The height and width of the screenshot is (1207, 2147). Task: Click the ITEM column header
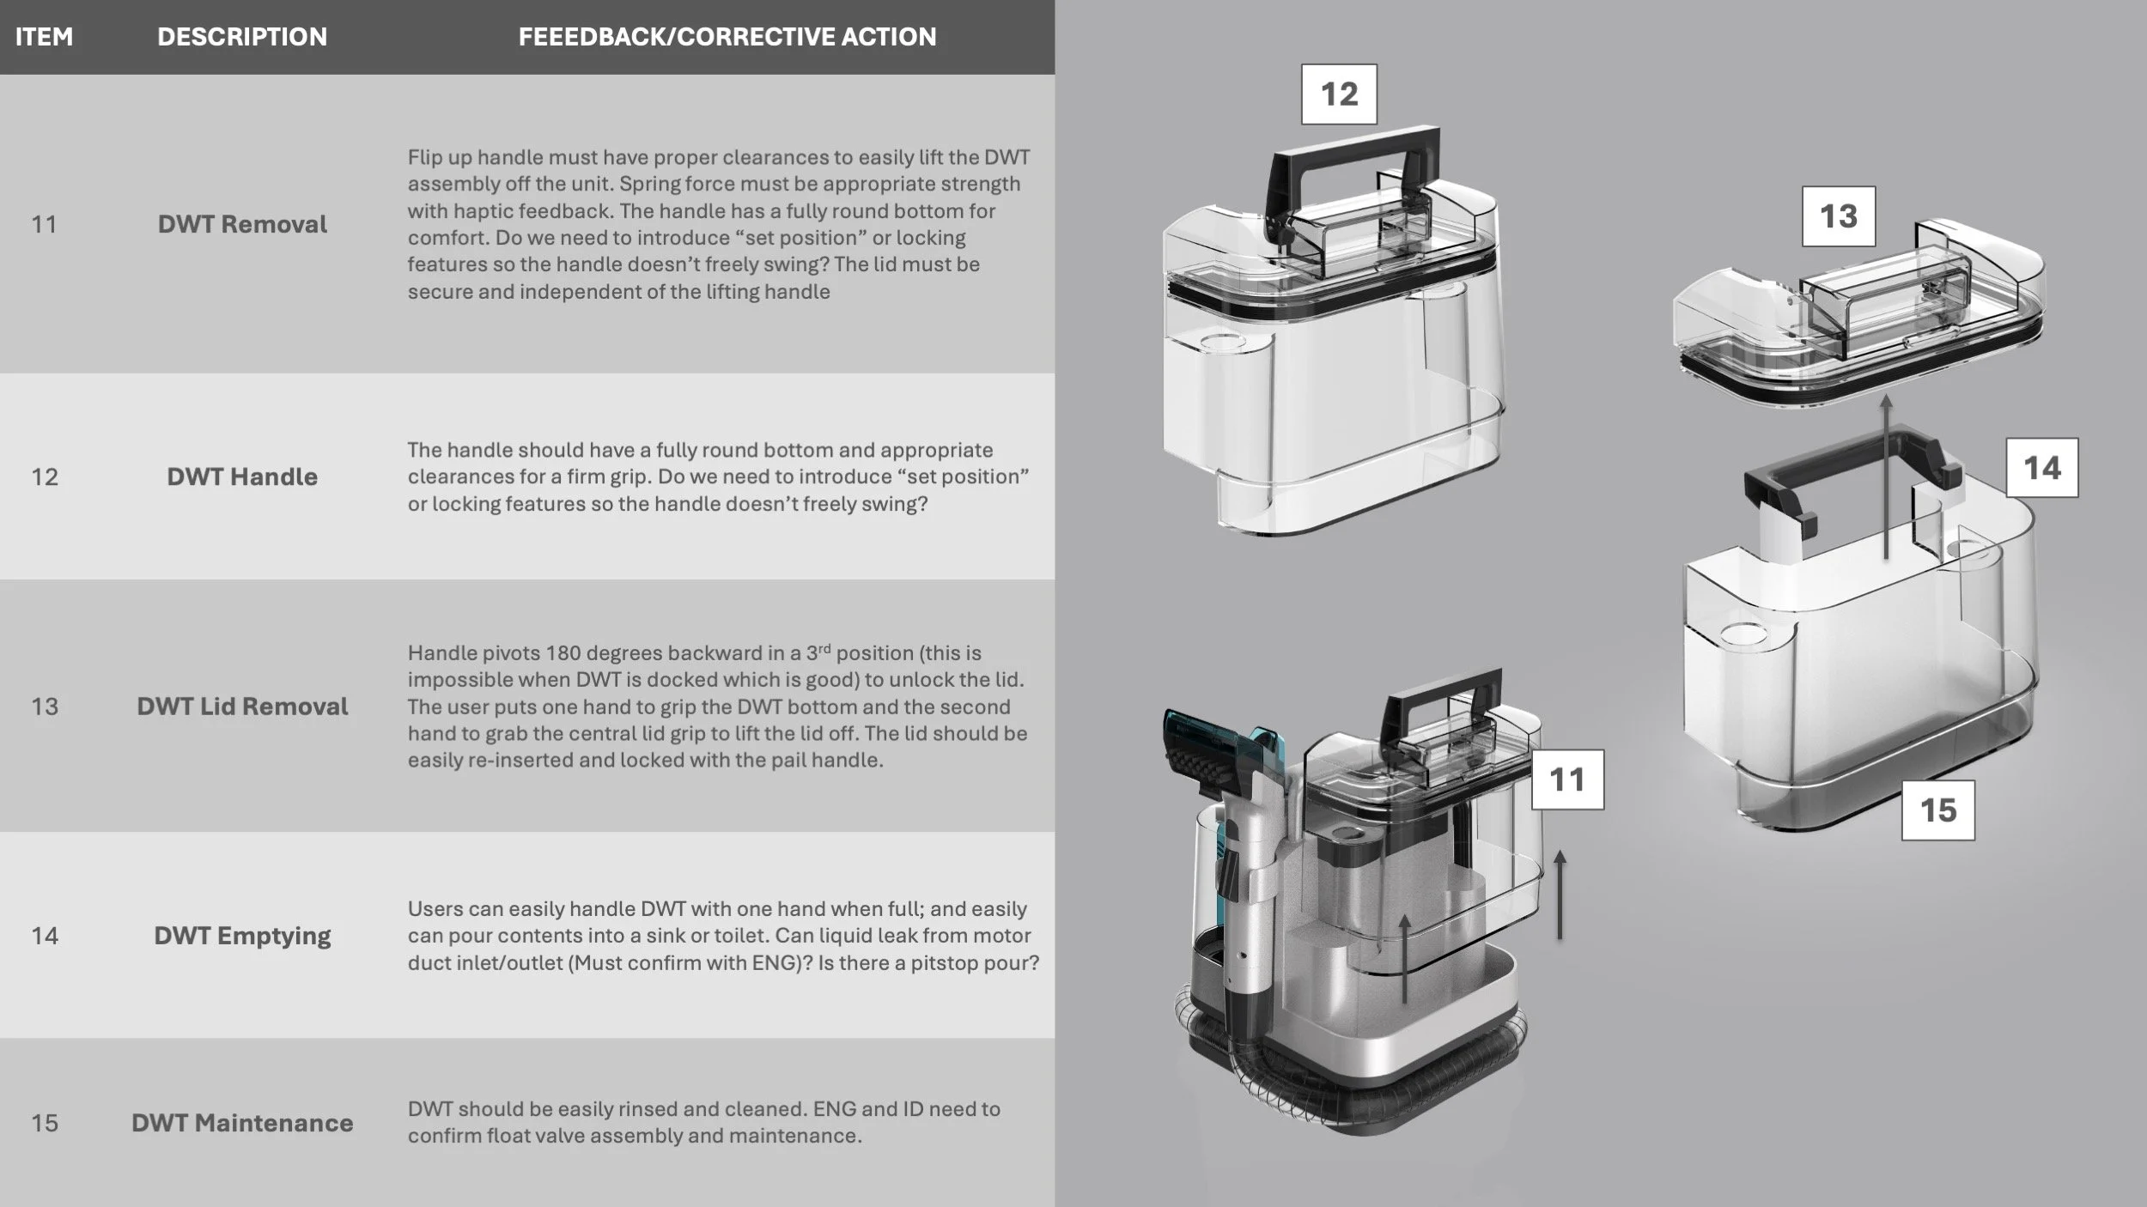tap(44, 37)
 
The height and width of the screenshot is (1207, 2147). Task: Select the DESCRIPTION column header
tap(242, 37)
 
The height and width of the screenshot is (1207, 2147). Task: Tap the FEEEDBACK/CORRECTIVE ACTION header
tap(727, 37)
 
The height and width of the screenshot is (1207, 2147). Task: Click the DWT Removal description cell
tap(242, 224)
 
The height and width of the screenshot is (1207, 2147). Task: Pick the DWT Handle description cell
tap(242, 476)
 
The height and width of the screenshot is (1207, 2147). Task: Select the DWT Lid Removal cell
tap(242, 707)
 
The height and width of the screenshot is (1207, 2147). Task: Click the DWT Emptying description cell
tap(242, 936)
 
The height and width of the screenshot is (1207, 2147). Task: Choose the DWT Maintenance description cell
tap(242, 1123)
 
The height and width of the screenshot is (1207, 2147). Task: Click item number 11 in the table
tap(44, 225)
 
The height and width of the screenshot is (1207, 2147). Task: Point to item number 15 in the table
tap(45, 1123)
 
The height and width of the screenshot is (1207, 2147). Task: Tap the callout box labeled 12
tap(1339, 94)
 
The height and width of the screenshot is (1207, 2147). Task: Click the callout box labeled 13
tap(1838, 216)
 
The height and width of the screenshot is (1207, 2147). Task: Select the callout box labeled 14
tap(2042, 468)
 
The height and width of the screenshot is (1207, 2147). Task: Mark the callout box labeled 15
tap(1938, 810)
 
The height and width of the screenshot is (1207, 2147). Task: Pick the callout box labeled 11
tap(1567, 779)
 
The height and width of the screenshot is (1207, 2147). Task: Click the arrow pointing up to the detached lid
tap(1886, 477)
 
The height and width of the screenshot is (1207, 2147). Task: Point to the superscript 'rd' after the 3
tap(824, 648)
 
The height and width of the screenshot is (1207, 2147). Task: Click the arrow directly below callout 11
tap(1560, 895)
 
